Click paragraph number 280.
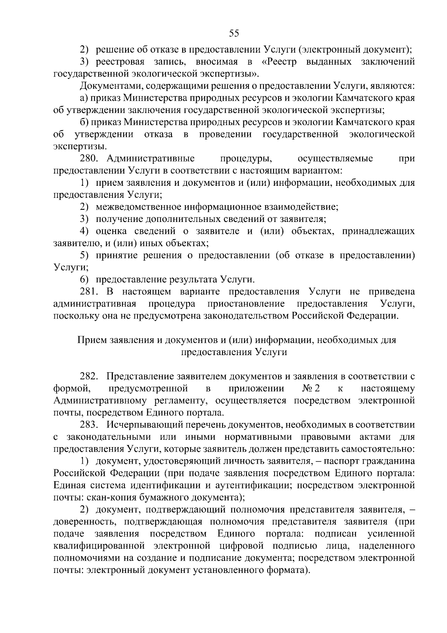89,159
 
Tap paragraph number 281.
89,291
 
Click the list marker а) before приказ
84,98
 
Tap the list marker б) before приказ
84,122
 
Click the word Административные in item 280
151,159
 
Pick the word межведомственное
138,207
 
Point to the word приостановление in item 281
246,304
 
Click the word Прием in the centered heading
92,340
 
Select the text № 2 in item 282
311,389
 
